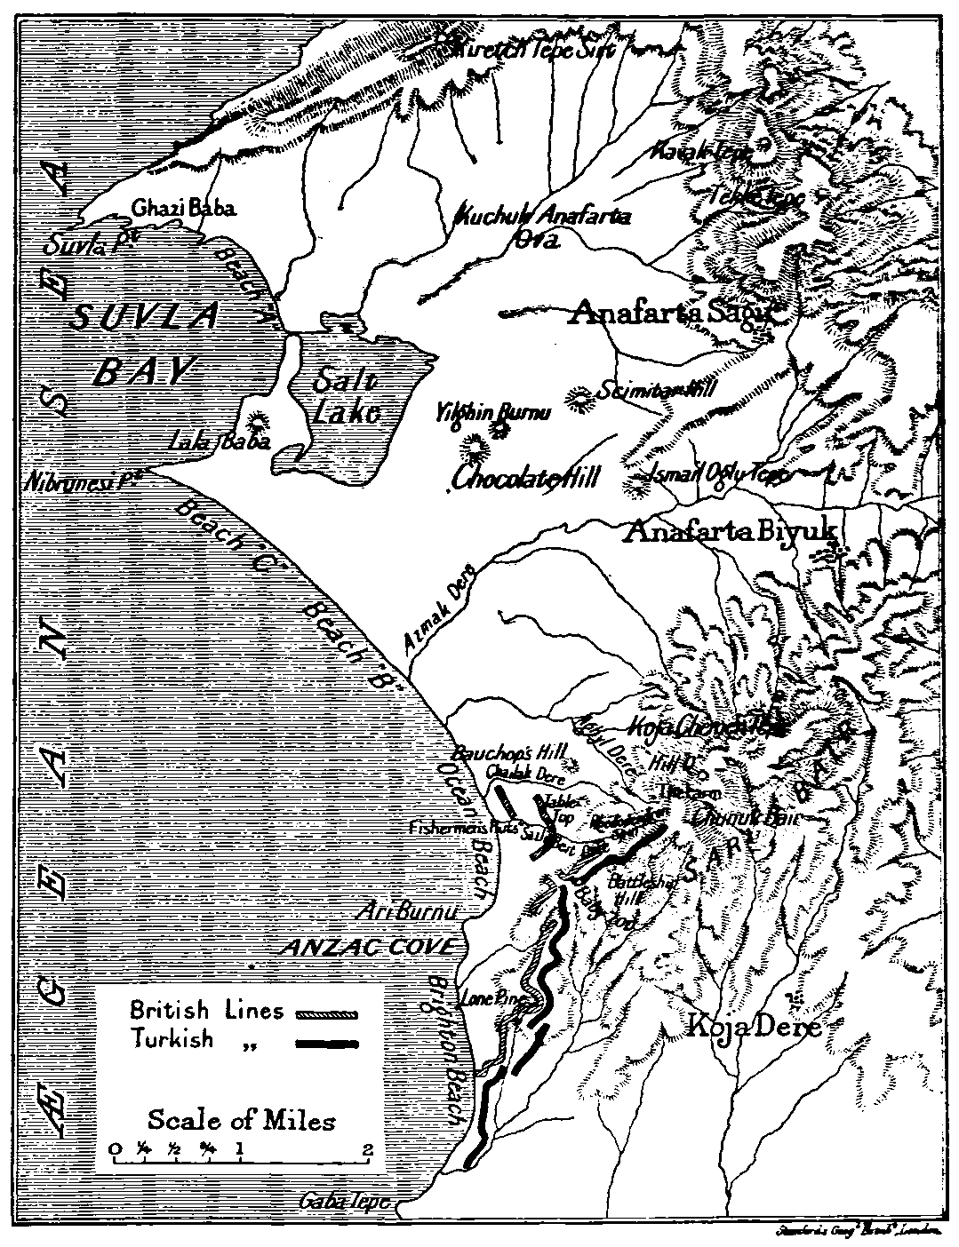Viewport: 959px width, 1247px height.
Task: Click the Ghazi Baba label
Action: [184, 209]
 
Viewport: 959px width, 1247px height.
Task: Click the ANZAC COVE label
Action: [367, 947]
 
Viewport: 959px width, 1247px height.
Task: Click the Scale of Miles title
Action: [241, 1119]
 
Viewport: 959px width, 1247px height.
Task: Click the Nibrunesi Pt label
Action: [85, 479]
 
